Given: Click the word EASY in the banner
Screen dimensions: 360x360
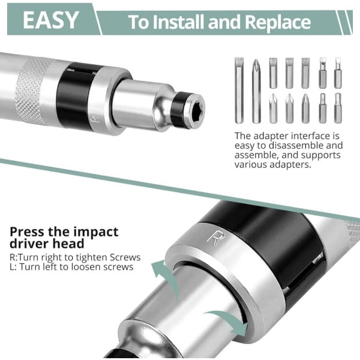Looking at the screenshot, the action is pos(51,20).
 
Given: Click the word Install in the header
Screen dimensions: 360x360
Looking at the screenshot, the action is pos(179,22).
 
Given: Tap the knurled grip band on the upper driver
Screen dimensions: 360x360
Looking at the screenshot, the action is pos(29,91).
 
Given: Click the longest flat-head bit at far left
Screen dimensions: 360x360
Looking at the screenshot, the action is pos(239,90).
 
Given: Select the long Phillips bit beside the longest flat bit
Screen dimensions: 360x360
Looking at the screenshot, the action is pos(256,91).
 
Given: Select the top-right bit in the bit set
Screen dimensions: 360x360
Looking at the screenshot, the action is pos(338,73).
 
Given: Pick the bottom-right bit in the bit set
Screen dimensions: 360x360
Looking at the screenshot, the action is pos(338,108).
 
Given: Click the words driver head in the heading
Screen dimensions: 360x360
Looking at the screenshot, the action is pos(47,244).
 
